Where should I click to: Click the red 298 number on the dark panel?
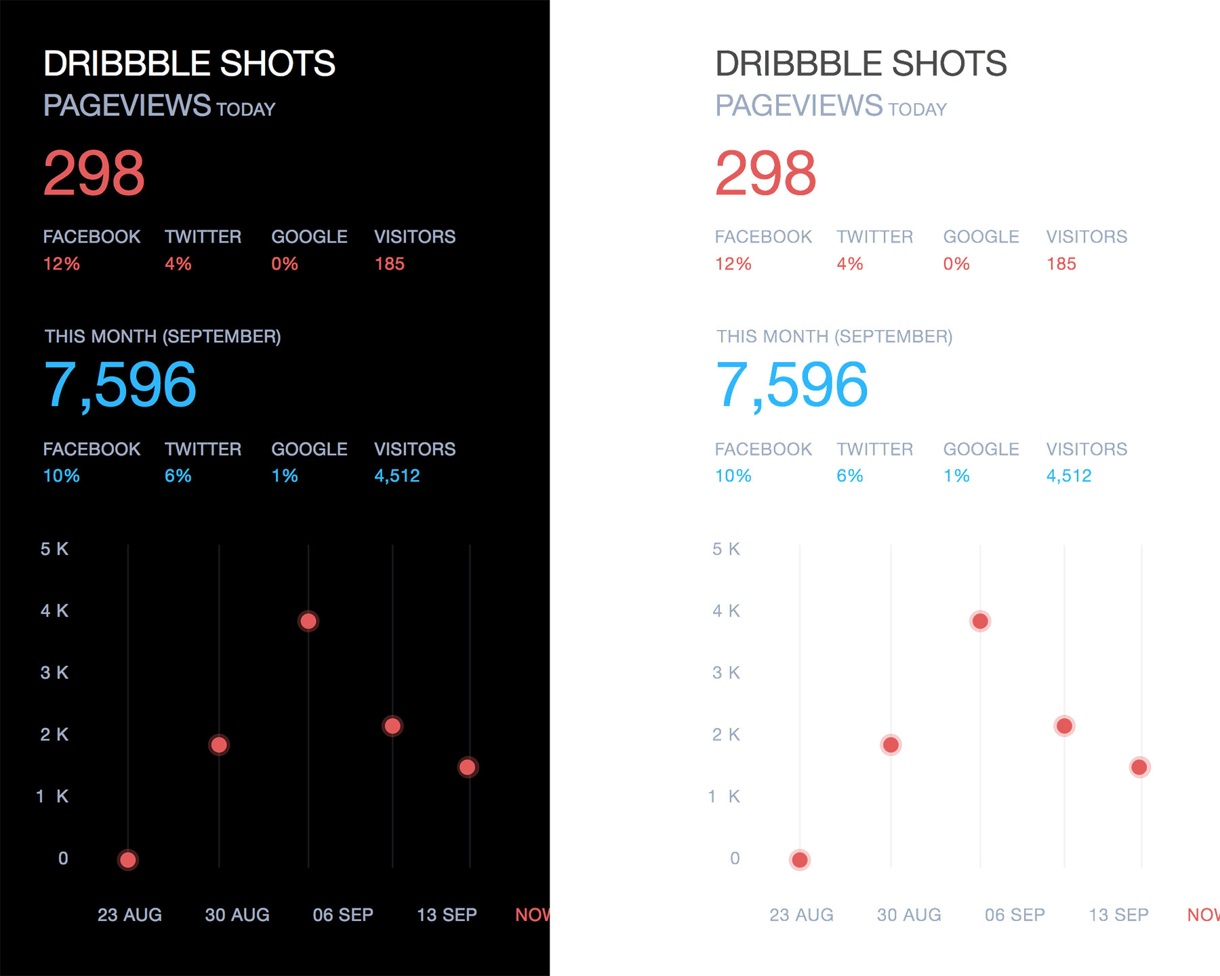[x=94, y=174]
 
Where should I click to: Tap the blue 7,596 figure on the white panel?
[x=791, y=385]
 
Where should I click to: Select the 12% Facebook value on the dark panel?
[x=61, y=264]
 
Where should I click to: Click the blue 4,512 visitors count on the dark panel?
[x=396, y=476]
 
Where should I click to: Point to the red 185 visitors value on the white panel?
[x=1061, y=264]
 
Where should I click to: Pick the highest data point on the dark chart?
[x=308, y=621]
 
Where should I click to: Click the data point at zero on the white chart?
[x=800, y=859]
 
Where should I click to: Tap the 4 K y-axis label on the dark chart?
[x=54, y=611]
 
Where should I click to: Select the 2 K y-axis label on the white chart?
[x=726, y=734]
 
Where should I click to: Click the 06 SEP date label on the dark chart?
[x=343, y=915]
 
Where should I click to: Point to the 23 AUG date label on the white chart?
[x=801, y=915]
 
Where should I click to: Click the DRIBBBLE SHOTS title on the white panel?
[x=861, y=64]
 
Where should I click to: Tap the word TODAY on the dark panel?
[x=245, y=109]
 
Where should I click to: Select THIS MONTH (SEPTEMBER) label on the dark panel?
[x=163, y=336]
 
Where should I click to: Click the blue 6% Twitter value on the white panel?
[x=849, y=476]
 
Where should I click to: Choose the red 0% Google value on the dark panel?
[x=285, y=264]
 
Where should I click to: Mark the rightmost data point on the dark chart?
[x=467, y=767]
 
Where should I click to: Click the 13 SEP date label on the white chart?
[x=1118, y=915]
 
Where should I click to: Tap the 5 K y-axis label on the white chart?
[x=726, y=549]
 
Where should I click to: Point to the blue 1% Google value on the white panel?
[x=956, y=476]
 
